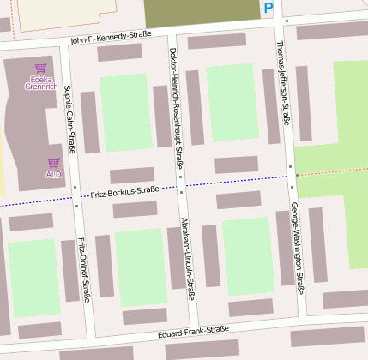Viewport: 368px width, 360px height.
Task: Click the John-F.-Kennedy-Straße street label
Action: pos(111,37)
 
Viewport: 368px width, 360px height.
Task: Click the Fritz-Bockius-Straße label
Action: pos(124,190)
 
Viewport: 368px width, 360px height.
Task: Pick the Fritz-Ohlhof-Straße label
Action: pos(83,269)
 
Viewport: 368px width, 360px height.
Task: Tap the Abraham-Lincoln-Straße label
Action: pos(187,259)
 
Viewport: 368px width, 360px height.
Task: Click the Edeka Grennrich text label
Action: pos(40,82)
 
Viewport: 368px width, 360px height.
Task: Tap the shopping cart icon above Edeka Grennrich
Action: pos(40,68)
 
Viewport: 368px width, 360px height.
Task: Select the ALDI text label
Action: pos(54,174)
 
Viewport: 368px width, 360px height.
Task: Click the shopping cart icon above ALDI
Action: pos(54,162)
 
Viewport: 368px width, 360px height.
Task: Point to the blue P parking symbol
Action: pos(268,9)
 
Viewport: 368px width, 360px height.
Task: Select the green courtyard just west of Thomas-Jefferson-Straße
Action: pos(232,103)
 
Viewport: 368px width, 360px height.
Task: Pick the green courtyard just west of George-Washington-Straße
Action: pos(248,257)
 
